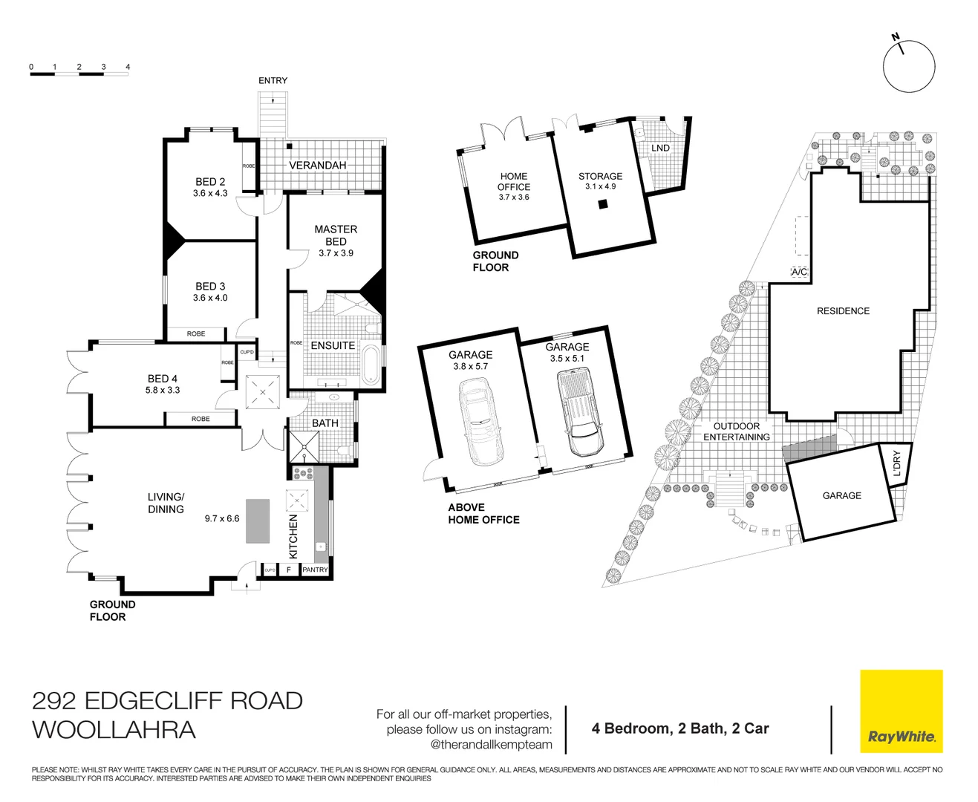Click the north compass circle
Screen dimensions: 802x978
click(x=908, y=67)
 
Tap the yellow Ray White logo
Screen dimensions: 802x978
click(x=901, y=711)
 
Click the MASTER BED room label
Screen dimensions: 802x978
click(x=336, y=235)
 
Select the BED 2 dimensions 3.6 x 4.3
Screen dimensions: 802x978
click(x=210, y=193)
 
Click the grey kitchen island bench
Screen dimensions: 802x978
click(x=258, y=521)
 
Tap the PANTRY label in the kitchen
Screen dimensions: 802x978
click(x=315, y=570)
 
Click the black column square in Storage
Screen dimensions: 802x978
click(x=603, y=204)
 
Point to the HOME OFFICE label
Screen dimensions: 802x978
click(x=514, y=182)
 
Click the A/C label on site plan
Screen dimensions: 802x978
click(x=799, y=272)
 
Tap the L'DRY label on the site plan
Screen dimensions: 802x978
click(x=896, y=463)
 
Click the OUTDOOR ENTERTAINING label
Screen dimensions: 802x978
click(x=737, y=431)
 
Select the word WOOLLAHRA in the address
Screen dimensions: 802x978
click(x=114, y=729)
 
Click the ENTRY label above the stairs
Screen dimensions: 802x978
click(x=273, y=80)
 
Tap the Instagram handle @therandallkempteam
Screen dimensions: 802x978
click(x=492, y=744)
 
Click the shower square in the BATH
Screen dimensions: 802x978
click(x=304, y=447)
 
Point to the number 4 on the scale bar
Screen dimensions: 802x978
click(x=128, y=67)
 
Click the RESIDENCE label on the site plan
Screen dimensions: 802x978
click(x=843, y=311)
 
